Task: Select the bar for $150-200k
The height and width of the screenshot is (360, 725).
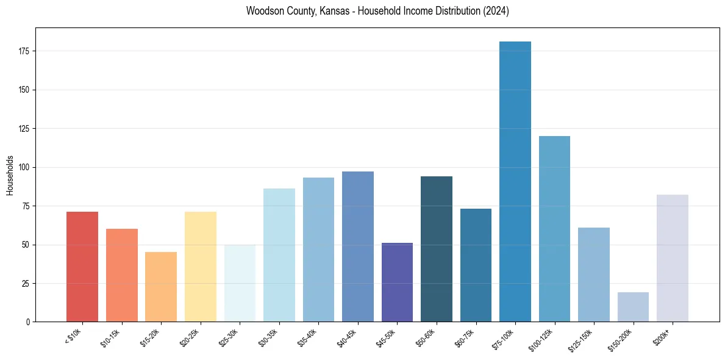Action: (633, 307)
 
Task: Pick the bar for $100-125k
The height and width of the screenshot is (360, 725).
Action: (554, 229)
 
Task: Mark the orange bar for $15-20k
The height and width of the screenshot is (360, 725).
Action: (161, 287)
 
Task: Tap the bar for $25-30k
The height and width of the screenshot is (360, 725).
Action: (240, 283)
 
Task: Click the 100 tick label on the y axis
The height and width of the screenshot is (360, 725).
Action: (27, 167)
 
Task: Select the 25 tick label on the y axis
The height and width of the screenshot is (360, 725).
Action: (29, 284)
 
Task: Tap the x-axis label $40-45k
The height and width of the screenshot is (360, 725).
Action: (347, 338)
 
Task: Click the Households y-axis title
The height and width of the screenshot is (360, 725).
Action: (10, 175)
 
